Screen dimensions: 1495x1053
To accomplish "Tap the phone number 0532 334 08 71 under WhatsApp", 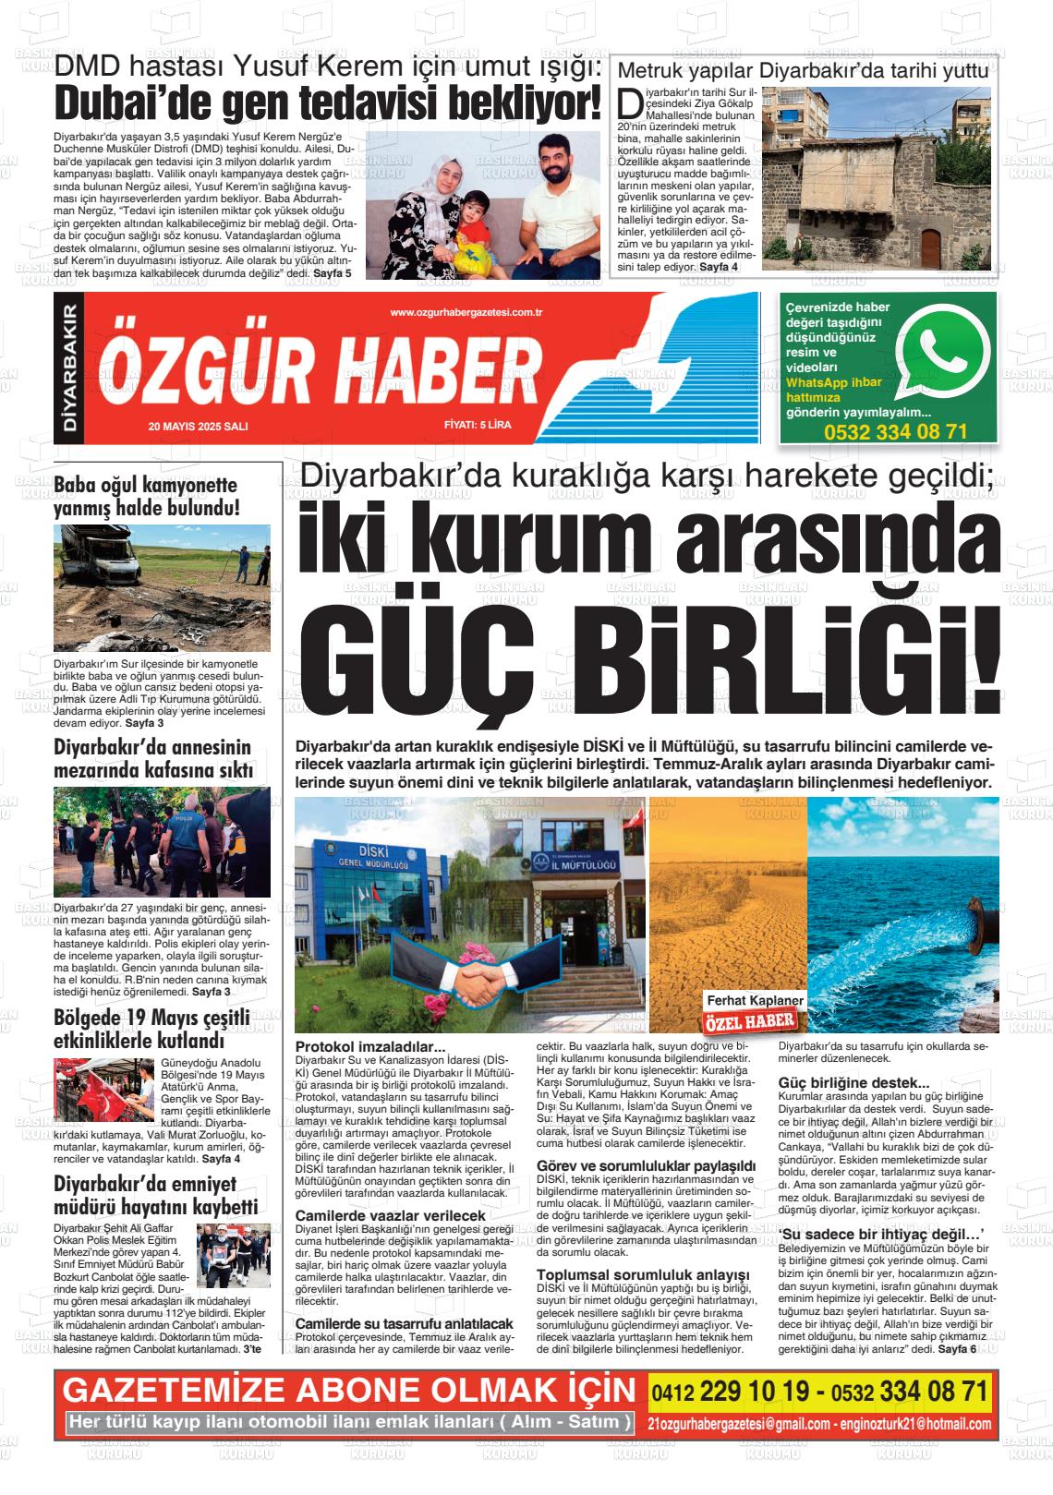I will pos(895,432).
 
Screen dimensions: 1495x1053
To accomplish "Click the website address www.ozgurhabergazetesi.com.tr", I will pos(466,313).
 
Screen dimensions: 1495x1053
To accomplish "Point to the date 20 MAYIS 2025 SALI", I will pos(199,426).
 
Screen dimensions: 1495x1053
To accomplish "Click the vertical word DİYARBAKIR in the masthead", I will pos(69,368).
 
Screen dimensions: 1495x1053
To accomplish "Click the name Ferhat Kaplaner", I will pos(756,1001).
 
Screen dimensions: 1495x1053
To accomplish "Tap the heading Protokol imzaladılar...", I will pos(369,1047).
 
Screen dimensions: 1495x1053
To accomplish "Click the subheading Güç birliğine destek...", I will pos(841,1082).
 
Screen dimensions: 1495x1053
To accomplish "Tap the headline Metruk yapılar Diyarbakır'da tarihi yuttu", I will pos(803,71).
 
